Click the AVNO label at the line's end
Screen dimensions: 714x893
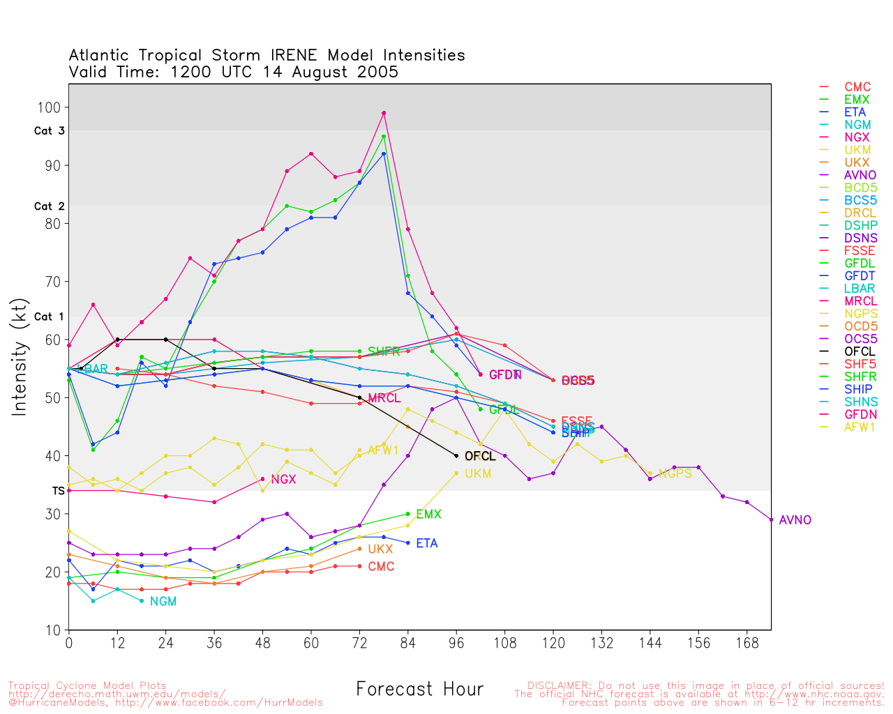(x=795, y=520)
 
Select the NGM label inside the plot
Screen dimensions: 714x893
(x=163, y=601)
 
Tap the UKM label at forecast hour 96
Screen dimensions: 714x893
(x=478, y=473)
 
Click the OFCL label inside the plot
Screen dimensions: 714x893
(x=479, y=456)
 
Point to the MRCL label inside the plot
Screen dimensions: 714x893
(x=384, y=398)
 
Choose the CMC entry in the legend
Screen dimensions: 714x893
(x=857, y=87)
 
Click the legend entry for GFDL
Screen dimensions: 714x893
(x=859, y=264)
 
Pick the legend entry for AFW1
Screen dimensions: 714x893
(x=859, y=427)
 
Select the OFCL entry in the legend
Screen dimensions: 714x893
(x=859, y=351)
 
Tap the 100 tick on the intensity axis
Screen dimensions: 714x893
(x=53, y=107)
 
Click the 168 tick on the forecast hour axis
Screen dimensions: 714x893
(x=746, y=642)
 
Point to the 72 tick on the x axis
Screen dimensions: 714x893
(x=359, y=642)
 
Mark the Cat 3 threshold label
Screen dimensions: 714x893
(x=49, y=131)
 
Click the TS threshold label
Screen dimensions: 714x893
(x=58, y=491)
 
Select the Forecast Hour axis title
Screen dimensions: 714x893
(x=419, y=689)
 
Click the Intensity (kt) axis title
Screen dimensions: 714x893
(x=20, y=357)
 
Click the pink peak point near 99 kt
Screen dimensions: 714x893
(x=384, y=113)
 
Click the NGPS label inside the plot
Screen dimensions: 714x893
(x=675, y=473)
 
